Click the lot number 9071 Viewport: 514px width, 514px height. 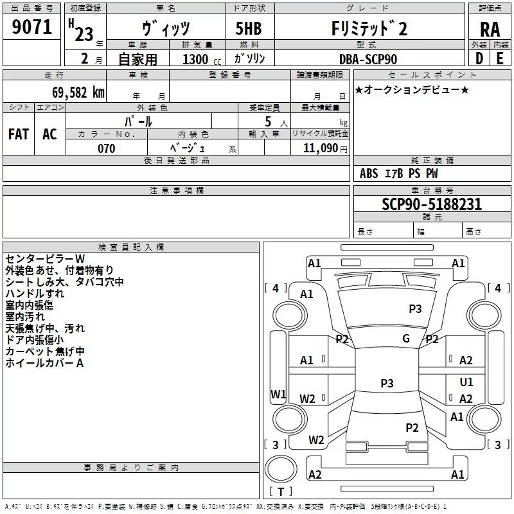point(31,28)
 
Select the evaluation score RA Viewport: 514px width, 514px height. point(490,29)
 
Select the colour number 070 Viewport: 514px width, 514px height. point(106,148)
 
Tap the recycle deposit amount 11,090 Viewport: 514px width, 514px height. point(320,148)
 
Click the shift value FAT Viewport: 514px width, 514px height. point(18,134)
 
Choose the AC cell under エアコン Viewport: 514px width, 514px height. point(49,134)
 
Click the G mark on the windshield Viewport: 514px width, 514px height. point(405,339)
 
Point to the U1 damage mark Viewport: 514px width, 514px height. point(466,382)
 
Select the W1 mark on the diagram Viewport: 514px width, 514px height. point(278,394)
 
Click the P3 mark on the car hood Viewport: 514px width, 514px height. point(416,309)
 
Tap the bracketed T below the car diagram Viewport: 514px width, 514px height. point(280,492)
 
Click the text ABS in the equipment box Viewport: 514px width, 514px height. point(369,173)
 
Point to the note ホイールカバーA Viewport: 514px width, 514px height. point(45,363)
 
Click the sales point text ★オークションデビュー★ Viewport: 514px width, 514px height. point(412,89)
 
